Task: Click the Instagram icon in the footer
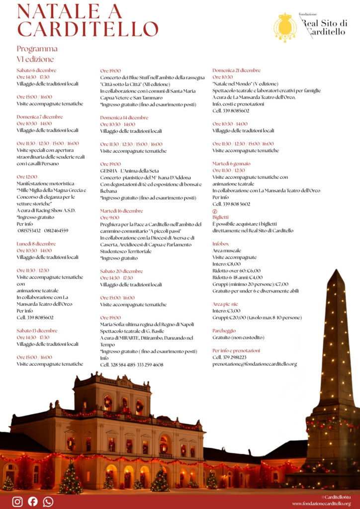click(17, 502)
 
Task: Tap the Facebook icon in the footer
click(33, 502)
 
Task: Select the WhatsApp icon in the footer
click(48, 502)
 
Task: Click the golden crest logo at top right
click(285, 27)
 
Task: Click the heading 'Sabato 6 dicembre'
click(36, 71)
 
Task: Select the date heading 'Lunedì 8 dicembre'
click(36, 244)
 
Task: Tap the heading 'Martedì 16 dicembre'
click(121, 211)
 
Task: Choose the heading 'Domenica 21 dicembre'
click(236, 71)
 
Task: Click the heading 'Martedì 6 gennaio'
click(231, 164)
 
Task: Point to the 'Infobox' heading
click(221, 244)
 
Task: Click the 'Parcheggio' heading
click(224, 331)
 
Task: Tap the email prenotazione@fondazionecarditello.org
click(255, 364)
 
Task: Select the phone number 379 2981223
click(236, 357)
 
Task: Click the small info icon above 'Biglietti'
click(215, 211)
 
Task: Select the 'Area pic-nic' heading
click(225, 304)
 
